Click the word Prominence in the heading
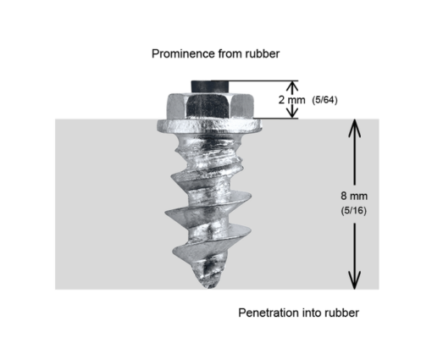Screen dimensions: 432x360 [x=183, y=53]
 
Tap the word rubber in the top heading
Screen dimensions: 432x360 [x=263, y=53]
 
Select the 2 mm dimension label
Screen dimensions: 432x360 [x=291, y=100]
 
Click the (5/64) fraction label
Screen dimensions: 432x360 [x=324, y=100]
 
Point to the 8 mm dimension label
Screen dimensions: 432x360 [x=354, y=196]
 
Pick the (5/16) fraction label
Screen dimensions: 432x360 [x=354, y=211]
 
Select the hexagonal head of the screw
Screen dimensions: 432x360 [x=209, y=107]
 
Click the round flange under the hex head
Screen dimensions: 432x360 [x=210, y=126]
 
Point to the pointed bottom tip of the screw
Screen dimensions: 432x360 [x=209, y=285]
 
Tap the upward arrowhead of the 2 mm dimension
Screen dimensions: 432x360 [x=292, y=86]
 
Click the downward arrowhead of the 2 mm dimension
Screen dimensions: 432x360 [x=292, y=113]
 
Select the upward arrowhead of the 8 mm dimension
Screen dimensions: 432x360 [x=354, y=128]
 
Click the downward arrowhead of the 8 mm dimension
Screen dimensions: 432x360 [x=354, y=280]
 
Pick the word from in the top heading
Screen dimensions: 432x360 [x=230, y=53]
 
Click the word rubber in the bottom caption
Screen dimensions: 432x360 [x=341, y=313]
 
